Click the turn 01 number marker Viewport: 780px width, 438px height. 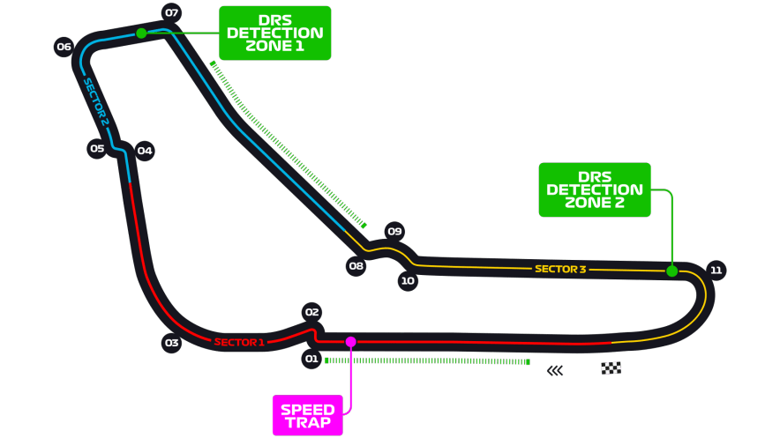click(x=311, y=359)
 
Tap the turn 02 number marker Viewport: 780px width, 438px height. click(x=311, y=311)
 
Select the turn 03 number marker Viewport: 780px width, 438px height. click(x=171, y=343)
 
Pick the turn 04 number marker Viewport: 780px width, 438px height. click(x=145, y=151)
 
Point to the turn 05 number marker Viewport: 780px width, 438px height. click(x=97, y=148)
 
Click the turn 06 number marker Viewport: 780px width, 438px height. click(x=64, y=47)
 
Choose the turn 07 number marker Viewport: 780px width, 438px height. click(x=172, y=13)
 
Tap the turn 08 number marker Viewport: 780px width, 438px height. click(x=356, y=265)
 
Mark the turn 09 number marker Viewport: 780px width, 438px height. click(x=394, y=232)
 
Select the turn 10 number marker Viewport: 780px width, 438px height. click(x=407, y=282)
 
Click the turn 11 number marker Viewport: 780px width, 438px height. click(x=716, y=270)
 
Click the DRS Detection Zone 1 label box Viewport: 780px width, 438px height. click(x=274, y=33)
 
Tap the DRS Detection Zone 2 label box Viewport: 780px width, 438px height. click(x=595, y=189)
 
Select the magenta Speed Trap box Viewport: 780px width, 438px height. click(x=307, y=415)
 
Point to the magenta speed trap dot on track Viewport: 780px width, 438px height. click(x=350, y=341)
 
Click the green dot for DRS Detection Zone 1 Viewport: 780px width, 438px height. click(x=141, y=33)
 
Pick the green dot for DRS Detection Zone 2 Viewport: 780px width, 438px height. click(x=672, y=271)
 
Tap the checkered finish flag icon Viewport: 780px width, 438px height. click(x=611, y=368)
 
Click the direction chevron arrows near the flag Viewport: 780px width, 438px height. click(x=554, y=370)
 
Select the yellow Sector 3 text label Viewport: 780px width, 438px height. click(x=560, y=269)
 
